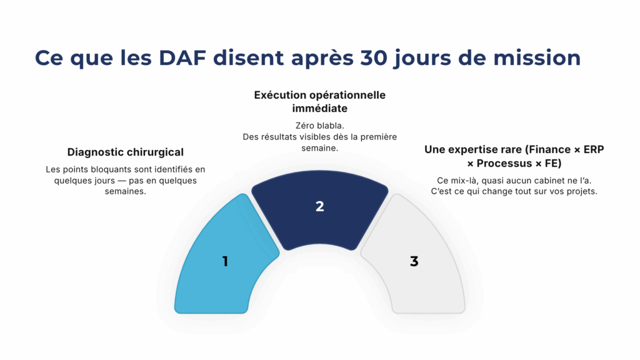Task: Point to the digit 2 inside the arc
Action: pyautogui.click(x=319, y=206)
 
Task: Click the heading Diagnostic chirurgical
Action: pyautogui.click(x=125, y=152)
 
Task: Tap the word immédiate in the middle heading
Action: pyautogui.click(x=319, y=108)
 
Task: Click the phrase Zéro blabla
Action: pyautogui.click(x=319, y=126)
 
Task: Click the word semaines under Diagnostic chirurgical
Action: pyautogui.click(x=125, y=192)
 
